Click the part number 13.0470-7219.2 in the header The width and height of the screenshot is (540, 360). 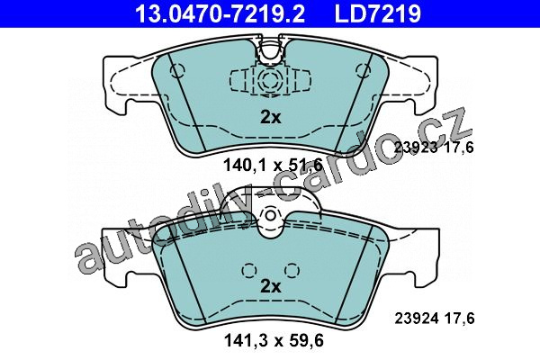tap(220, 13)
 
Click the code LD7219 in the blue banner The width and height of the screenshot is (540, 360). tap(377, 13)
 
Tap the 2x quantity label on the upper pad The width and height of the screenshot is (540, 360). tap(270, 118)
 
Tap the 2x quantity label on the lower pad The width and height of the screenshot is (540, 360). tap(270, 286)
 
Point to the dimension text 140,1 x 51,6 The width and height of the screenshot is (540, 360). tap(273, 165)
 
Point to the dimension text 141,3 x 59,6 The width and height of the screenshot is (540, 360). tap(274, 341)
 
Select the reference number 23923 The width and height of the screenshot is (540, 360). tap(416, 148)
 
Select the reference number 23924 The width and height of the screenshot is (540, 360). tap(416, 319)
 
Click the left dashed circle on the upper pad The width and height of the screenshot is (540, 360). tap(177, 70)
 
